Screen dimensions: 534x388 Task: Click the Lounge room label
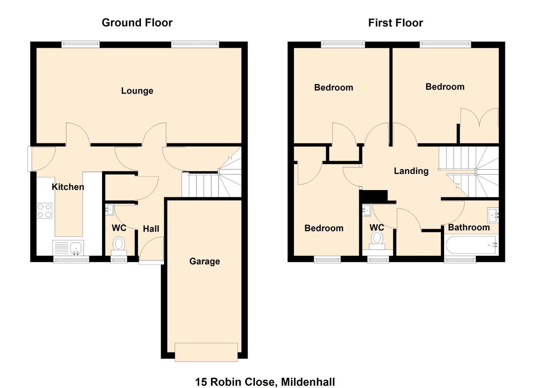(137, 91)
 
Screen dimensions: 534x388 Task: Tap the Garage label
(205, 261)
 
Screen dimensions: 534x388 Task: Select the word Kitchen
(68, 187)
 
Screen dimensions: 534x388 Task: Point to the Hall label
(151, 228)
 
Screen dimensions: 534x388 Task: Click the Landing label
(411, 171)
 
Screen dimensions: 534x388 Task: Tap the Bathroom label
(469, 227)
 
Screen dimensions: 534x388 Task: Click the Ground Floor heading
(137, 23)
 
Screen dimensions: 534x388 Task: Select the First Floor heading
(396, 23)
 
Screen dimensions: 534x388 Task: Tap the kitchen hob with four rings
(45, 211)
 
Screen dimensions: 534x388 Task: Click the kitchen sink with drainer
(68, 248)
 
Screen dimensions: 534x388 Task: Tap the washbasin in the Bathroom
(493, 215)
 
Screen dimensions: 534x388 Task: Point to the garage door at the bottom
(206, 352)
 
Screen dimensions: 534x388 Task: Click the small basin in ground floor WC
(109, 209)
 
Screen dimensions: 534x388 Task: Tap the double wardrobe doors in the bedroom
(479, 117)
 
